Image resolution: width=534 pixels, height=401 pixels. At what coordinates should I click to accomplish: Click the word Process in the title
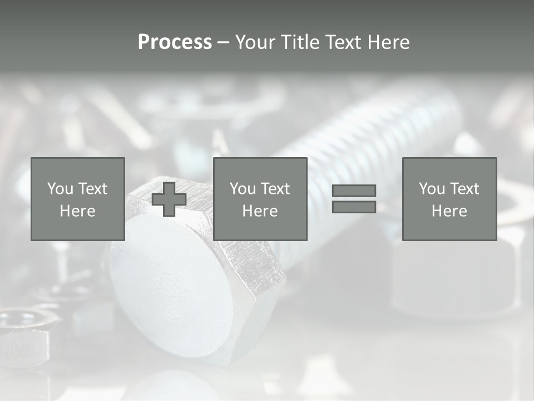pyautogui.click(x=175, y=42)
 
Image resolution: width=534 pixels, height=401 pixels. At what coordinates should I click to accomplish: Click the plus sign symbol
pyautogui.click(x=169, y=199)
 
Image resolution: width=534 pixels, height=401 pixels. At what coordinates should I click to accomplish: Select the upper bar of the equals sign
pyautogui.click(x=354, y=190)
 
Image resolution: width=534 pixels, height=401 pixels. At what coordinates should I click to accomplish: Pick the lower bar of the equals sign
pyautogui.click(x=354, y=207)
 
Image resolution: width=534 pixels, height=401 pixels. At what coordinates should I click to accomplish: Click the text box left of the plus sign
pyautogui.click(x=78, y=199)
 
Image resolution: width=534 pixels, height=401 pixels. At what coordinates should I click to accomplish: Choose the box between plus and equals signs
pyautogui.click(x=260, y=199)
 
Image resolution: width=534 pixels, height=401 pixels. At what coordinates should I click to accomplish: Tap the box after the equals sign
pyautogui.click(x=449, y=199)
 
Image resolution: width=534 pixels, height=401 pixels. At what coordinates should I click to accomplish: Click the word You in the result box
pyautogui.click(x=432, y=189)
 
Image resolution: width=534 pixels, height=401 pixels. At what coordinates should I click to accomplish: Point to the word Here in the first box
pyautogui.click(x=78, y=211)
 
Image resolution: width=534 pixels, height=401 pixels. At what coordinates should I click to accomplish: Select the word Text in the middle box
pyautogui.click(x=275, y=189)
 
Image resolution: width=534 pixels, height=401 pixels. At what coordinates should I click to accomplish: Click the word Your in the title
pyautogui.click(x=255, y=42)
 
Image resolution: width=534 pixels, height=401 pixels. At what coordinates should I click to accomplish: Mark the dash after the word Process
pyautogui.click(x=224, y=42)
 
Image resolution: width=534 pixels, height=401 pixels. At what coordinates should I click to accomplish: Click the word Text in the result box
pyautogui.click(x=464, y=189)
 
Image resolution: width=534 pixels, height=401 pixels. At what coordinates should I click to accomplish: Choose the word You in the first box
pyautogui.click(x=60, y=189)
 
